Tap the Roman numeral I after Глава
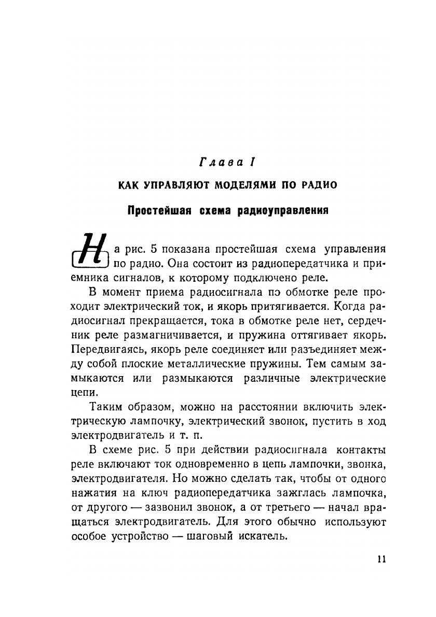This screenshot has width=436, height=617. point(251,163)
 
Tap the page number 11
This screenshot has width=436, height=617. point(382,559)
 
